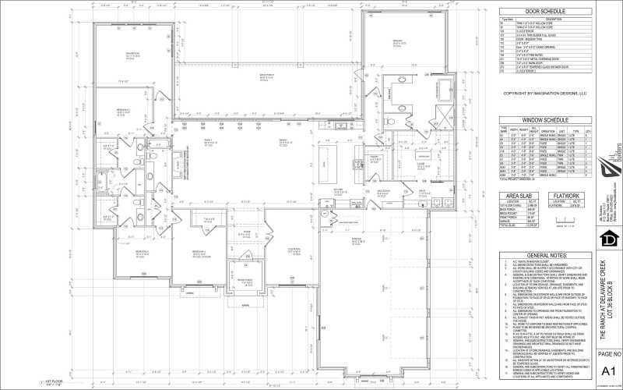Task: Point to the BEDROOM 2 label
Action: pyautogui.click(x=143, y=251)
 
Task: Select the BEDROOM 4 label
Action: pyautogui.click(x=199, y=251)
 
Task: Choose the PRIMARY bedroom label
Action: pyautogui.click(x=398, y=41)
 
